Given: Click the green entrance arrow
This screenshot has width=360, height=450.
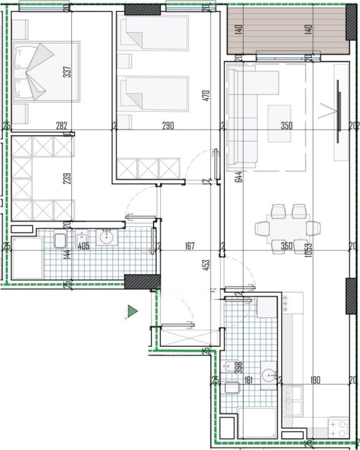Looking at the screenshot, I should coord(132,312).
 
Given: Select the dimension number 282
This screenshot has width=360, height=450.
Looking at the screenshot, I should coord(61,125).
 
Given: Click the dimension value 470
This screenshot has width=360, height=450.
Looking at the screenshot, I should coord(205,96).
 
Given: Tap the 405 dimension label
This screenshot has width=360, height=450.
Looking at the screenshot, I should coord(83,247).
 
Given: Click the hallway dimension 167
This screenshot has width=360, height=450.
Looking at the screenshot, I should coord(188,247).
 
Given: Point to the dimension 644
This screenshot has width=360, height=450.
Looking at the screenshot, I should coord(239,176).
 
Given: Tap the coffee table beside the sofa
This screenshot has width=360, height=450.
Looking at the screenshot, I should coord(279,123).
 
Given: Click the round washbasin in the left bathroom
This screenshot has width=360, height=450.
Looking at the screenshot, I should coord(107,237).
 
